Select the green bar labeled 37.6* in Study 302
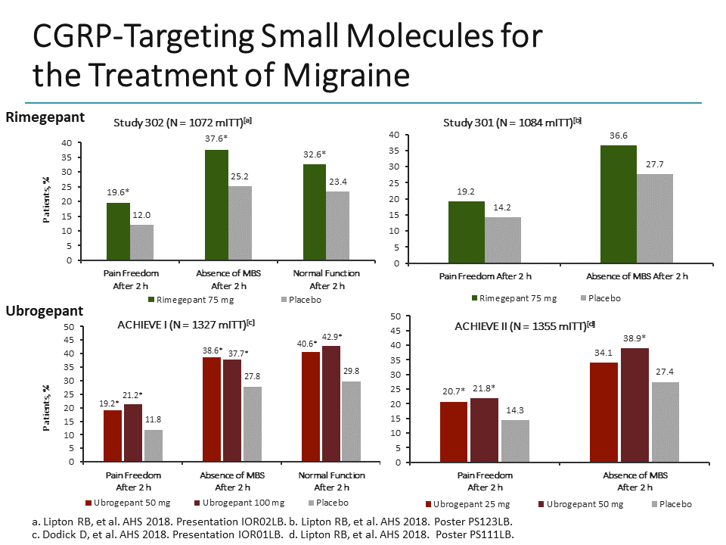216,205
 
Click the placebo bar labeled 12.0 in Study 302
141,242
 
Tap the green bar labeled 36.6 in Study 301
618,204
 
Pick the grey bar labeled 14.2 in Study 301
502,240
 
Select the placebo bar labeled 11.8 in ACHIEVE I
153,445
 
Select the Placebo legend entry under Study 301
600,298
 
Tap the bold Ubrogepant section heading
45,311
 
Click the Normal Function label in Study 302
327,273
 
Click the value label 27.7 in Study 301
654,164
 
